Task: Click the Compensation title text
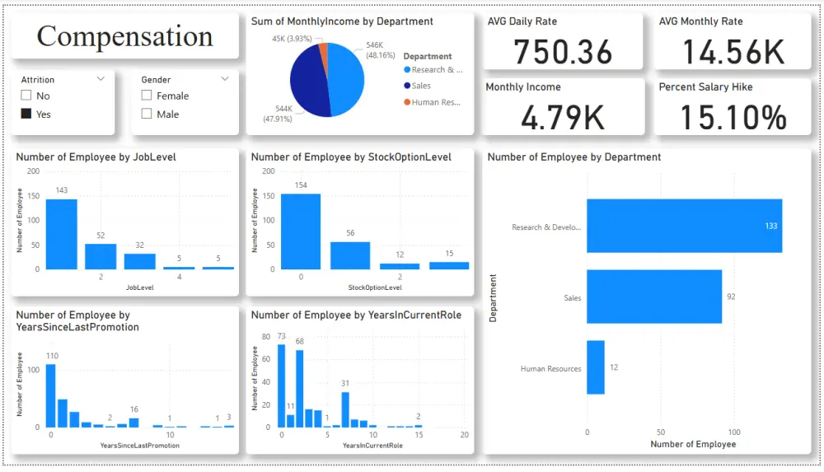coord(124,36)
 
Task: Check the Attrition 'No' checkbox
coord(26,96)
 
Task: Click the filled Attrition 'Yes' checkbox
coord(26,114)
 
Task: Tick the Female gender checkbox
coord(147,96)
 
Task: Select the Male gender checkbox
coord(147,114)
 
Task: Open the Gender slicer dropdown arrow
coord(225,79)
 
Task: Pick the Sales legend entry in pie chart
coord(421,86)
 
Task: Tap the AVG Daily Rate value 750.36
coord(564,53)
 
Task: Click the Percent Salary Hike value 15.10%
coord(733,118)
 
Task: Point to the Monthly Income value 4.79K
coord(564,118)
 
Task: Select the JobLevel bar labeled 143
coord(61,234)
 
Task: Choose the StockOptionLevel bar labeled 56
coord(350,255)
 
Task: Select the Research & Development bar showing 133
coord(684,226)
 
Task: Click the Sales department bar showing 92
coord(654,297)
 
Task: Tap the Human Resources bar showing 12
coord(596,367)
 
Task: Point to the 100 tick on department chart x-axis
coord(734,432)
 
